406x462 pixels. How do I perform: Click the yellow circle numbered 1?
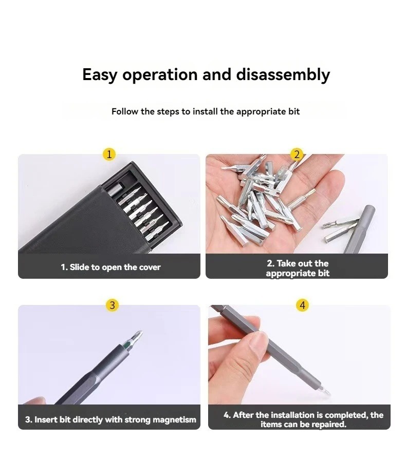[x=109, y=154]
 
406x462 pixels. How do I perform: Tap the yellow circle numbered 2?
[x=297, y=154]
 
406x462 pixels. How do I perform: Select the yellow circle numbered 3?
[x=113, y=305]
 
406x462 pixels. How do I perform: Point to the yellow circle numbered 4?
[x=303, y=305]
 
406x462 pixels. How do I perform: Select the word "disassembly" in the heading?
[x=283, y=75]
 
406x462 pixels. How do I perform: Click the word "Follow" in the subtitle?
[x=124, y=111]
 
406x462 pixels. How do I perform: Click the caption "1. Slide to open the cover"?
[x=110, y=267]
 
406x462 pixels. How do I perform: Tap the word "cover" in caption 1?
[x=149, y=267]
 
